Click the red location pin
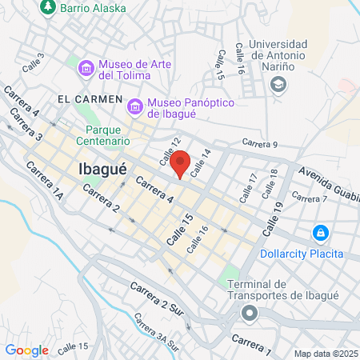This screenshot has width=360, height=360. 181,163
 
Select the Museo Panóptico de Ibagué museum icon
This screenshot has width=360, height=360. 135,105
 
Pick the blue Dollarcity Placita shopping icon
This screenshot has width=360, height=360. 320,233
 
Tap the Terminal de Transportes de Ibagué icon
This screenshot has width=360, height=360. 250,314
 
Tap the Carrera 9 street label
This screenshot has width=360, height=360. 259,144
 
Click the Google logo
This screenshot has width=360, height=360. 26,350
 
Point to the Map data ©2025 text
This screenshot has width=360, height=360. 324,354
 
